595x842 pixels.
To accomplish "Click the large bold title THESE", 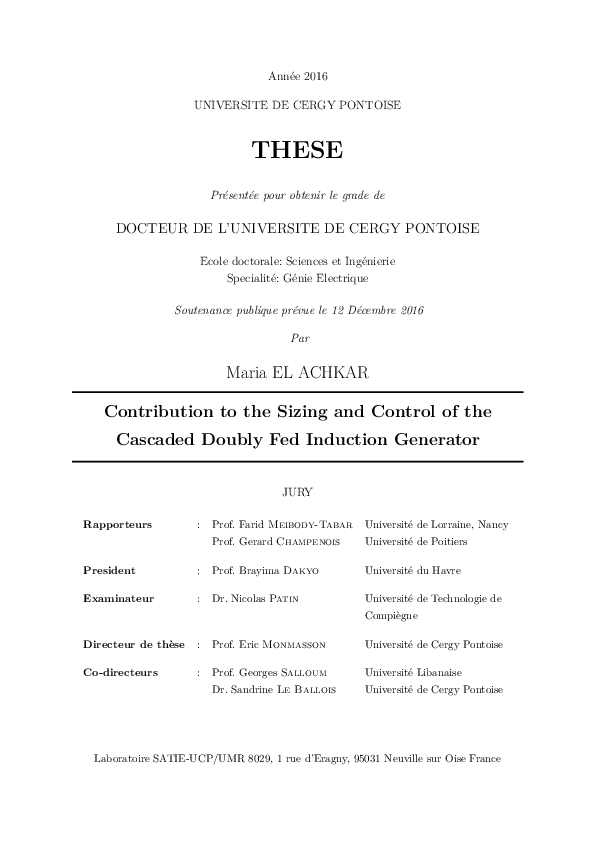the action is click(x=297, y=150).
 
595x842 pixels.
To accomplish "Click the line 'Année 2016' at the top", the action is click(x=298, y=76).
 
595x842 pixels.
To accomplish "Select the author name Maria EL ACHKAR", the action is click(x=297, y=373).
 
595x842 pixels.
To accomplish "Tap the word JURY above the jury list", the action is click(x=298, y=492).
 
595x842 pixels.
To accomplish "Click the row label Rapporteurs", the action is click(x=117, y=523).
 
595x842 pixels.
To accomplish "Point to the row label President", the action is click(x=109, y=570).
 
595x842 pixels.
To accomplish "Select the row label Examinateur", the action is click(x=118, y=598).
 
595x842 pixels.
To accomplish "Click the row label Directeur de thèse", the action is click(x=133, y=644).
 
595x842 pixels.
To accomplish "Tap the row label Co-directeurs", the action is click(x=120, y=672).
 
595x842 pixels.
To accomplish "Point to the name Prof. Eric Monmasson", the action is click(x=269, y=644).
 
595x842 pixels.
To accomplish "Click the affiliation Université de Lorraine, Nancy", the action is click(x=437, y=523).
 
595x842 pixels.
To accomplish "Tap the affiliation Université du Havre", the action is click(x=413, y=570).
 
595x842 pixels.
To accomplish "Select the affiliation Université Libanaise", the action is click(x=413, y=672).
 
